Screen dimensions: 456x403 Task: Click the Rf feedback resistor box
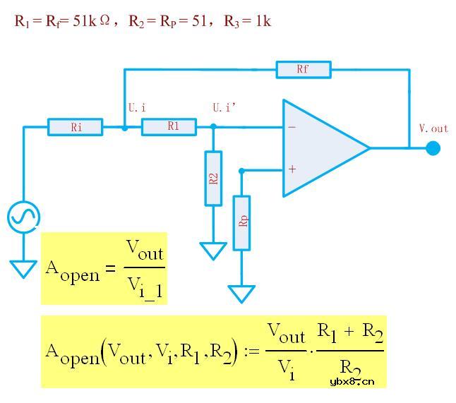(x=304, y=69)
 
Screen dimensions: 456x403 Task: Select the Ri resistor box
(x=76, y=127)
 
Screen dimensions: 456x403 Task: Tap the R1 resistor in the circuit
(x=169, y=127)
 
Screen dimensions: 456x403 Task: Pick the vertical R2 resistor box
(x=213, y=179)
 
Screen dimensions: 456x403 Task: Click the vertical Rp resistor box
(x=241, y=223)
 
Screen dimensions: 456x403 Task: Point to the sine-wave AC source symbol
(x=23, y=217)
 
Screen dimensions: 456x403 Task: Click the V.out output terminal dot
(x=433, y=148)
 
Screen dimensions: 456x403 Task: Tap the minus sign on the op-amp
(x=292, y=127)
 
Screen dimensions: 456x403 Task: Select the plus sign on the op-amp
(x=292, y=169)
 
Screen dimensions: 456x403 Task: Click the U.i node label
(x=137, y=107)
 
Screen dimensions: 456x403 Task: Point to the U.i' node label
(x=224, y=107)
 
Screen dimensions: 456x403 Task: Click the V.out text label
(x=433, y=128)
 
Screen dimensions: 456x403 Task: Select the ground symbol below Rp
(x=241, y=294)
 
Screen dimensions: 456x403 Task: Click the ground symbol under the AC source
(x=23, y=270)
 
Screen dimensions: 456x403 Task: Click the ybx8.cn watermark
(x=352, y=381)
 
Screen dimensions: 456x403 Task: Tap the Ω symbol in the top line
(x=104, y=20)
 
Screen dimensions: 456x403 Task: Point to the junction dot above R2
(x=213, y=126)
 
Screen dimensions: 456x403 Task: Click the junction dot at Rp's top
(x=241, y=171)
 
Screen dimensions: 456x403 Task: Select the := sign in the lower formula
(x=252, y=351)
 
